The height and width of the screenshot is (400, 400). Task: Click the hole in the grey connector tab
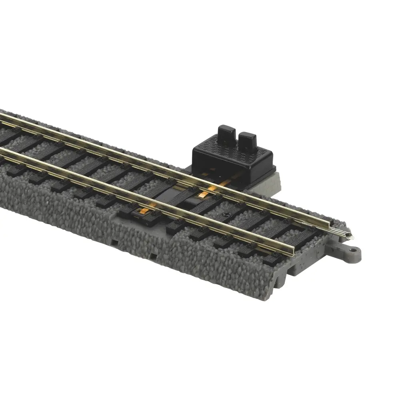pos(353,252)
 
